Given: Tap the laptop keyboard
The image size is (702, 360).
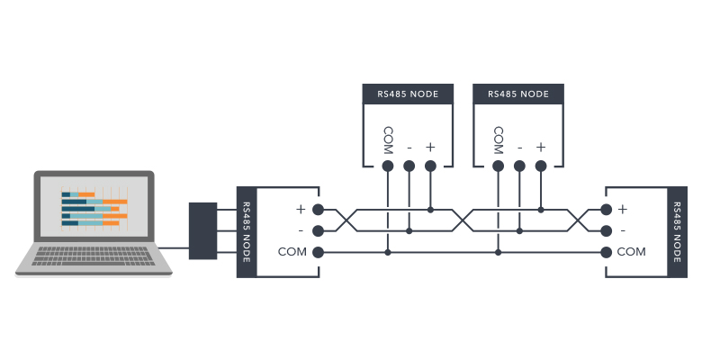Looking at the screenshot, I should coord(94,256).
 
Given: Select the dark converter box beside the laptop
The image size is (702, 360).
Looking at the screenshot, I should coord(203,231).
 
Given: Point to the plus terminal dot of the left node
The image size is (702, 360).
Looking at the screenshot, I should coord(317,210).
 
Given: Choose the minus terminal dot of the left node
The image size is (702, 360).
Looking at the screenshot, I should coord(317,231).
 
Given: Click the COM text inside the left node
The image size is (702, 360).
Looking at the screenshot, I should coord(292,252).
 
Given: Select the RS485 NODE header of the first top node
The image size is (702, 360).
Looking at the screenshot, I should coord(408,94).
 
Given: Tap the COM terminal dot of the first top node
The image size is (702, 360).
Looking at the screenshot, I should coord(387,166).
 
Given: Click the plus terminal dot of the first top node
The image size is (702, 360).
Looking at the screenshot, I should coord(430,166).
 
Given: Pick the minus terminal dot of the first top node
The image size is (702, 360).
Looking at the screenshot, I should coord(409,166).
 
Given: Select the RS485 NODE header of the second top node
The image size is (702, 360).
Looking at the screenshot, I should coord(518,94).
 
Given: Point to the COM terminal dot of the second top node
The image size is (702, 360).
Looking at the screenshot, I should coord(498,166).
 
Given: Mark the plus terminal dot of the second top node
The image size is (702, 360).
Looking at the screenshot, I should coord(541,166).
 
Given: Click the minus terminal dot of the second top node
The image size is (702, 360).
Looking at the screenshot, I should coord(519,166).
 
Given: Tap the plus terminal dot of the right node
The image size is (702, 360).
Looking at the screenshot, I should coord(607,210).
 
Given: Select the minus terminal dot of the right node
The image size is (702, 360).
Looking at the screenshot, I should coord(607,231).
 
